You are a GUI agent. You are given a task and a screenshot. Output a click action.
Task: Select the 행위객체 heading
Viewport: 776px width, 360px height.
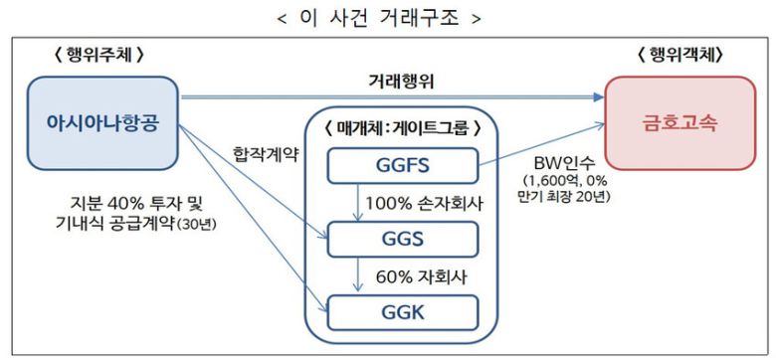coord(679,56)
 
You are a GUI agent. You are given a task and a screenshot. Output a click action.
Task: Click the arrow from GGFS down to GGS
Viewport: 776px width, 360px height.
coord(355,205)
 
